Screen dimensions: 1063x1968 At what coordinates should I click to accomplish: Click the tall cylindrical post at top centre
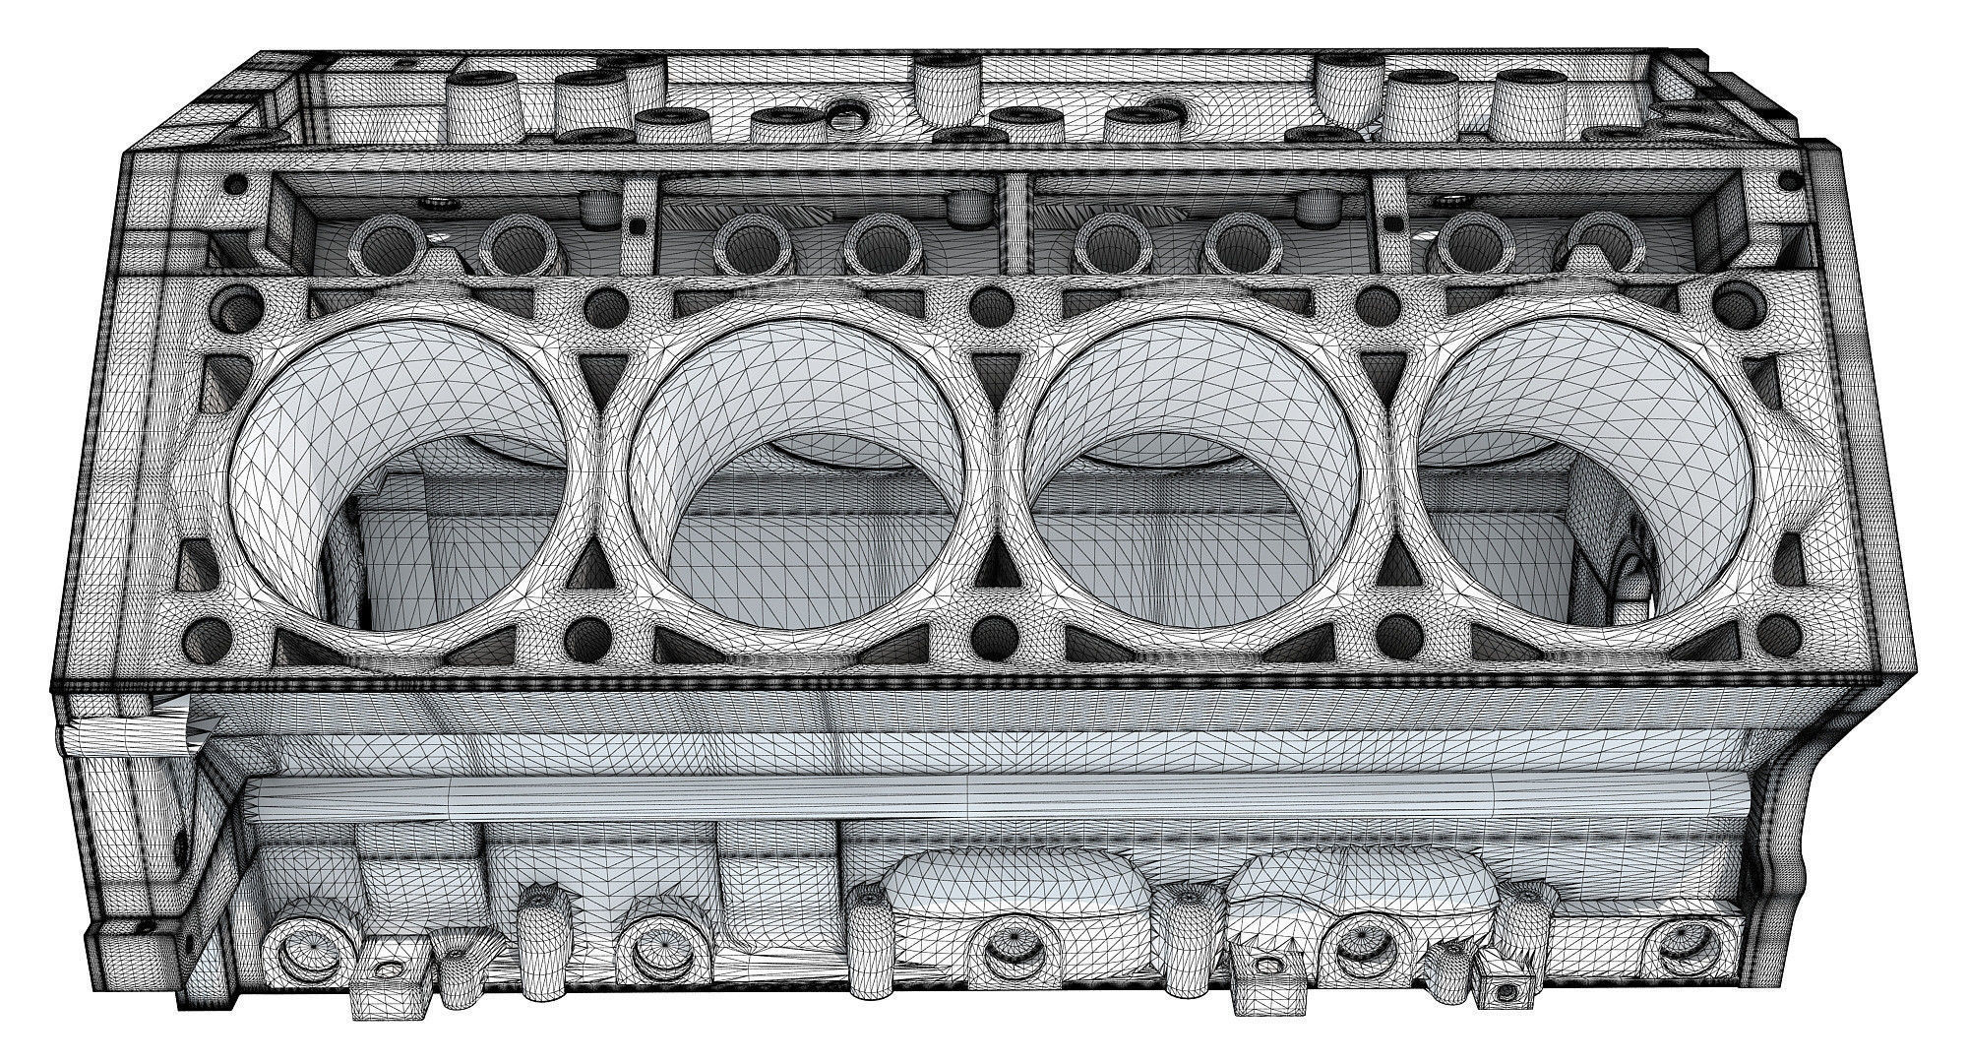[944, 83]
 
